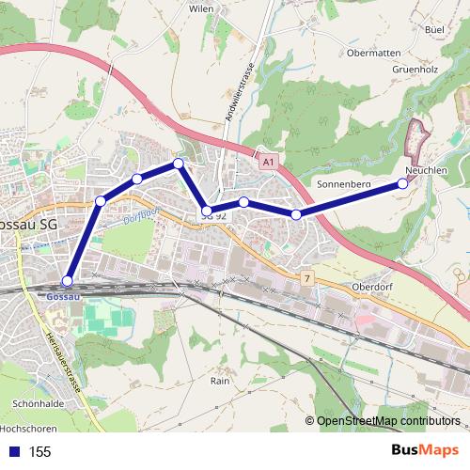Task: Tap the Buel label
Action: click(x=434, y=30)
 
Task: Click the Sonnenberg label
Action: click(x=346, y=183)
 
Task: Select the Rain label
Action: click(x=220, y=382)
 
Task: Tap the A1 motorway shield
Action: click(x=270, y=163)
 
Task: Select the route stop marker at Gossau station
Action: click(x=67, y=280)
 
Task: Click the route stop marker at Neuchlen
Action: click(x=403, y=183)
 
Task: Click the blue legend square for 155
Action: click(x=13, y=451)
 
